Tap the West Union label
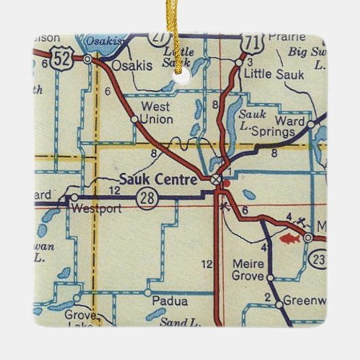156,113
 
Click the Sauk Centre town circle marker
215,179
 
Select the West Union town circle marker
134,120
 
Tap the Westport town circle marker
74,198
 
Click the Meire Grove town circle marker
270,278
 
